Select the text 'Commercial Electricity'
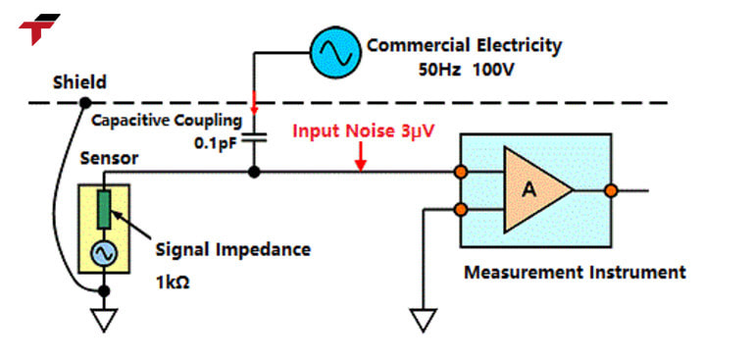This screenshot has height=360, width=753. click(464, 45)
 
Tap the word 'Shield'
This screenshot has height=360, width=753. click(80, 82)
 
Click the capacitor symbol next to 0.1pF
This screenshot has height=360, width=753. click(254, 139)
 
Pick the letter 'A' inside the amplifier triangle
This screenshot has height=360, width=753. click(528, 190)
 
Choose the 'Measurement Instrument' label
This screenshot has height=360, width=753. click(575, 272)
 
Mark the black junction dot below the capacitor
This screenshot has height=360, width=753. click(254, 174)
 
